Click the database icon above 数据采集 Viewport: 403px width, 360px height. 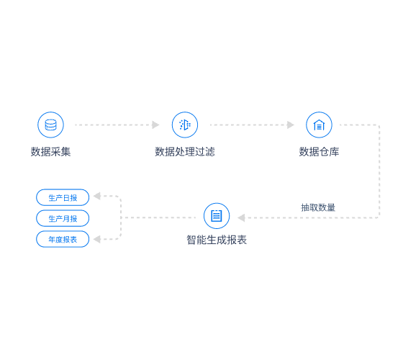(x=50, y=125)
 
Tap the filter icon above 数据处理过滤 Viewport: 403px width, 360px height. (x=185, y=125)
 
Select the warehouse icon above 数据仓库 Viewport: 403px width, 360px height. (x=319, y=125)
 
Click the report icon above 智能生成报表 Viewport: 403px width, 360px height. (x=217, y=216)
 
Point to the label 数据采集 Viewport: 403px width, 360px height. (x=50, y=152)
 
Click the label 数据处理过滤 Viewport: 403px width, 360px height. (x=185, y=152)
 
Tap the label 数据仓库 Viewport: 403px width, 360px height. (x=319, y=152)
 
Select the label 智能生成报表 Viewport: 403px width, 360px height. (x=217, y=240)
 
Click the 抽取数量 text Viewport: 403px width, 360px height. (x=318, y=207)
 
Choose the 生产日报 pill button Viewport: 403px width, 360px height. (x=63, y=197)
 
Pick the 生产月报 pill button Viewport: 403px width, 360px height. (x=63, y=218)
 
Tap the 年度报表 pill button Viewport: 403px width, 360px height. (x=63, y=239)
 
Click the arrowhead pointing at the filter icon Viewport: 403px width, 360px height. (x=155, y=125)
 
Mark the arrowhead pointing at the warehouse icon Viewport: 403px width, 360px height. (x=291, y=125)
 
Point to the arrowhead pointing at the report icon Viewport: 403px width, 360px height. (x=241, y=217)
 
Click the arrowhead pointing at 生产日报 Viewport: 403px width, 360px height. (x=97, y=196)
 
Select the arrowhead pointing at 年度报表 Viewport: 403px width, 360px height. (x=97, y=239)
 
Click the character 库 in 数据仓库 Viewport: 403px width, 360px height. (x=334, y=152)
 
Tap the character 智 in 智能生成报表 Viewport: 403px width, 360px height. (x=191, y=240)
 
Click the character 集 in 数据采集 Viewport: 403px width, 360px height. (x=65, y=152)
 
